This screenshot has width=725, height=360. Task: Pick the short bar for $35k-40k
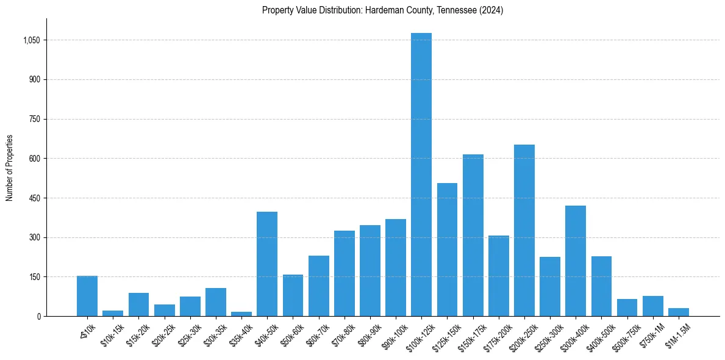coord(241,314)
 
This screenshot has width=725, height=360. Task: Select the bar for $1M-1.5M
coord(678,312)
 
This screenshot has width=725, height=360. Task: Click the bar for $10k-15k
coord(113,313)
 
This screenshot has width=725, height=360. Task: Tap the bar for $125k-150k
coord(447,250)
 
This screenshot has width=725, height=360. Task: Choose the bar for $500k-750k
coord(626,308)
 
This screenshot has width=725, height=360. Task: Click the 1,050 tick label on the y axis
coord(32,40)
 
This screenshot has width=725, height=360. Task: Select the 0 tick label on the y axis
coord(38,316)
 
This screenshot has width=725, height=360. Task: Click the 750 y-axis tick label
coord(35,119)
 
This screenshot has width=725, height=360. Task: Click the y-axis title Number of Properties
coord(9,168)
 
